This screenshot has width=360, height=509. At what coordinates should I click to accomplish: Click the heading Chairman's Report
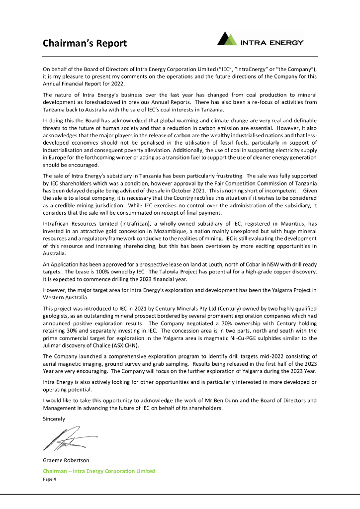pos(85,43)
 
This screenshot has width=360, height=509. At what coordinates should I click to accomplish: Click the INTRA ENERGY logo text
pos(271,43)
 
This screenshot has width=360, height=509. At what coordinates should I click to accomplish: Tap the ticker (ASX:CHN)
pos(122,345)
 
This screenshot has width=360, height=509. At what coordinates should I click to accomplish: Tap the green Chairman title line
pos(99,471)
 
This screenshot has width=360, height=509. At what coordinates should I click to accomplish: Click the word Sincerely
pos(54,419)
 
